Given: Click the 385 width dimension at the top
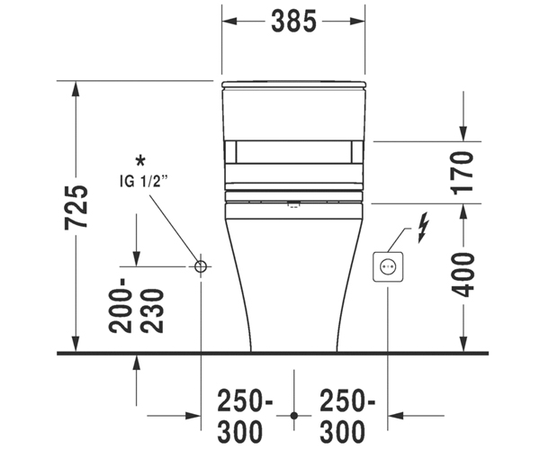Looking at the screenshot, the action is click(293, 22).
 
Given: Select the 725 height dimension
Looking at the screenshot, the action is click(76, 207).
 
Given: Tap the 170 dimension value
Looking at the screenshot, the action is click(463, 173).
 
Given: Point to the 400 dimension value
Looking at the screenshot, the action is click(463, 274).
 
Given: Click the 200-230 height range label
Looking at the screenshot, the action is click(136, 306).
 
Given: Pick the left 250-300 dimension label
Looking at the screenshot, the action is click(244, 416).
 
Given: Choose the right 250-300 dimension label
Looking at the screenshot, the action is click(346, 416).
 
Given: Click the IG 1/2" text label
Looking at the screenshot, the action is click(144, 181).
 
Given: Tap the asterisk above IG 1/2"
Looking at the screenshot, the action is click(140, 161).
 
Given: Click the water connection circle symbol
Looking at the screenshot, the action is click(201, 266).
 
